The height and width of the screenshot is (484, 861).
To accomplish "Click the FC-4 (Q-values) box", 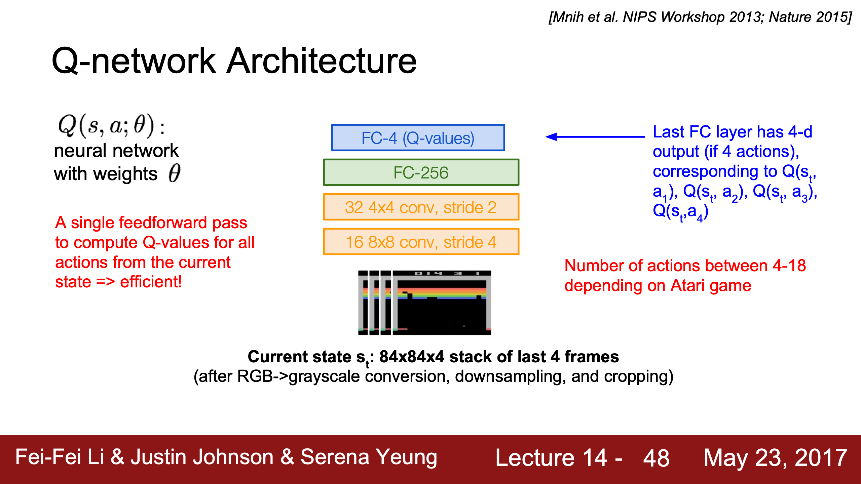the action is click(418, 138).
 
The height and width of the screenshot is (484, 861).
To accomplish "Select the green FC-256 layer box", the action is click(421, 172).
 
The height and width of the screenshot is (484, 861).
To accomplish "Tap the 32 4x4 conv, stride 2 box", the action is click(421, 207).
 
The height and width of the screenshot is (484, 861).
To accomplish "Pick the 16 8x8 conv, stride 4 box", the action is click(421, 242).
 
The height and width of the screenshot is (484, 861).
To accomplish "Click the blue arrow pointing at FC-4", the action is click(595, 136).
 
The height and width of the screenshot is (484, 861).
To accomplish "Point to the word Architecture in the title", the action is click(322, 61).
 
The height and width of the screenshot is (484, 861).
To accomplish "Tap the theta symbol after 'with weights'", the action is click(174, 173).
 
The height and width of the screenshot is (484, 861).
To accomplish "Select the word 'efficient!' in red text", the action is click(151, 282).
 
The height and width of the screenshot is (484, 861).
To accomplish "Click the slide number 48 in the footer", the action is click(656, 458).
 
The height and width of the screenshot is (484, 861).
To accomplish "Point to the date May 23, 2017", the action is click(776, 458).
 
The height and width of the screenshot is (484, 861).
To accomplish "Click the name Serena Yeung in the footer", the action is click(369, 457).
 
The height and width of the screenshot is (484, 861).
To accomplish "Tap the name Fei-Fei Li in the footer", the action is click(60, 457).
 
